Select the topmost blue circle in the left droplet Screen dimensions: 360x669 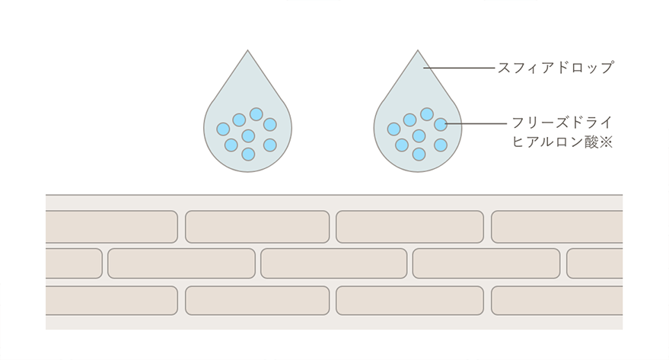pos(256,114)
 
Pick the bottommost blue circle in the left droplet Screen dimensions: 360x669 pos(248,154)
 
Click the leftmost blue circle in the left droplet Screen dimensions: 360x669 pos(223,129)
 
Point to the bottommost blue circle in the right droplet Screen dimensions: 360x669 pos(419,154)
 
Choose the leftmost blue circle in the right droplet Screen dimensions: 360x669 pos(393,129)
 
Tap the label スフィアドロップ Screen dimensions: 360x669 pos(555,68)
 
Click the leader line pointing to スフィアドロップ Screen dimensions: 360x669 pos(460,68)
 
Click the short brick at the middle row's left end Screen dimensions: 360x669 pos(73,263)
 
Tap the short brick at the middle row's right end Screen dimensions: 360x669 pos(594,263)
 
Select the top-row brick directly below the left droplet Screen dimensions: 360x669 pos(257,227)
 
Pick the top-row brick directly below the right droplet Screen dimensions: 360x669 pos(409,227)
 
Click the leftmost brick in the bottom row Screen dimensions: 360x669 pos(111,301)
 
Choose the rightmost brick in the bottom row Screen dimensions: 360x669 pos(556,301)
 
